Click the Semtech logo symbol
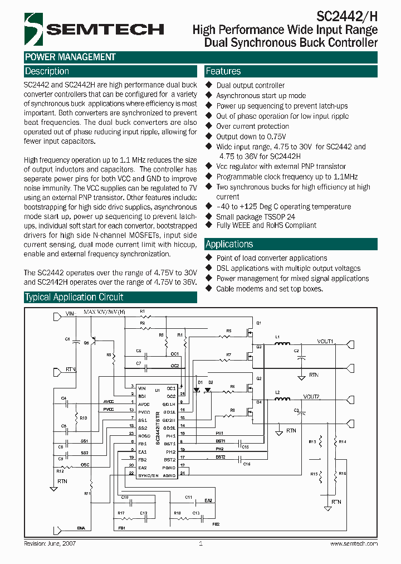[x=33, y=27]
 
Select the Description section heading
[x=47, y=71]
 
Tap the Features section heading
[x=223, y=71]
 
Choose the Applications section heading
[x=229, y=244]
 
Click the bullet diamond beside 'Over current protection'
[x=209, y=127]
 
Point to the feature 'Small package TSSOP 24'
[x=255, y=217]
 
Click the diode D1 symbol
[x=198, y=390]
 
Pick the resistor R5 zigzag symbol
[x=228, y=337]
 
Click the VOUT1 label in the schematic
[x=325, y=341]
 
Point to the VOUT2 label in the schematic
[x=311, y=396]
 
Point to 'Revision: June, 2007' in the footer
[x=50, y=543]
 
